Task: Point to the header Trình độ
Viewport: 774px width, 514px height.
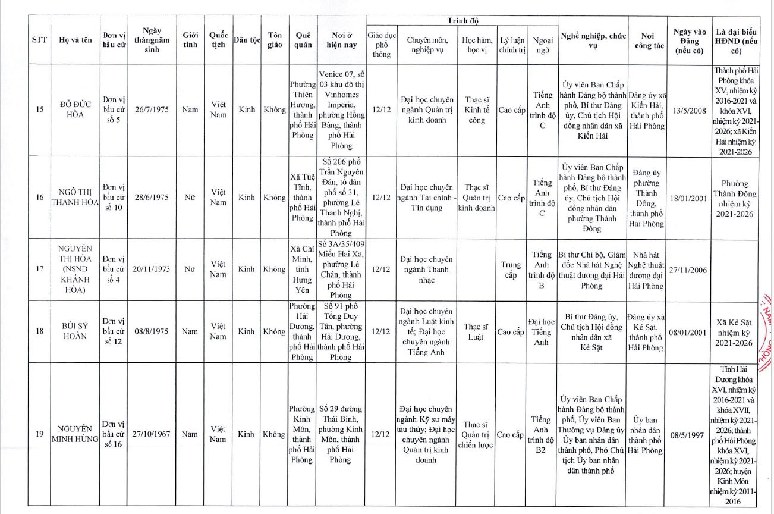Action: click(x=462, y=21)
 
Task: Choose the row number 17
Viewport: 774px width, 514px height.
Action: click(x=40, y=269)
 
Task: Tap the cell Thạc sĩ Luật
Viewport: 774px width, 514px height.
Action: click(x=476, y=331)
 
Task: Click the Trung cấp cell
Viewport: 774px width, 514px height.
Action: click(x=511, y=269)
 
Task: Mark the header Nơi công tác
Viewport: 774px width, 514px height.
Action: click(x=649, y=40)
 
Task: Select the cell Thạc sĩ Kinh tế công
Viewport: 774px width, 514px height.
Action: click(x=476, y=109)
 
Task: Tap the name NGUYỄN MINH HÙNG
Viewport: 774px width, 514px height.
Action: click(x=75, y=434)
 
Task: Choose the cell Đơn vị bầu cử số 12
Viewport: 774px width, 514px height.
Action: click(x=113, y=331)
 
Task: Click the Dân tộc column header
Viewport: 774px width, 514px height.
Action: click(x=247, y=40)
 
